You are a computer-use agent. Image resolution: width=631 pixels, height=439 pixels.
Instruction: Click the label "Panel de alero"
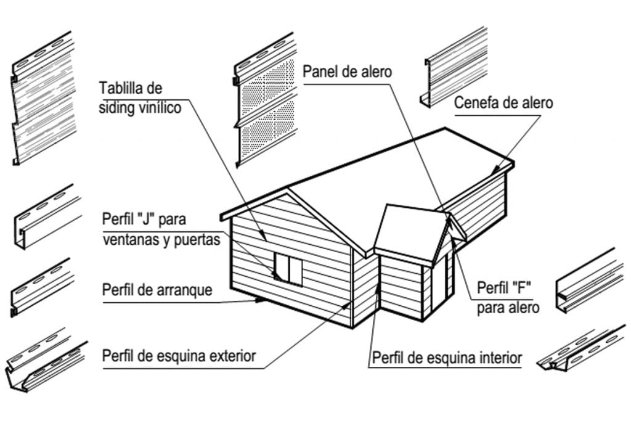pyautogui.click(x=347, y=71)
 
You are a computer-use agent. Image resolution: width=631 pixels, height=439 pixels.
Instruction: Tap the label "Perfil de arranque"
pyautogui.click(x=157, y=289)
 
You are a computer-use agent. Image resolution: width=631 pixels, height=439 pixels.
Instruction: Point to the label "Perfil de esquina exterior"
pyautogui.click(x=179, y=356)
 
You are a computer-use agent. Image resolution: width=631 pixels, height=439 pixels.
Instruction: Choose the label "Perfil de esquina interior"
pyautogui.click(x=447, y=357)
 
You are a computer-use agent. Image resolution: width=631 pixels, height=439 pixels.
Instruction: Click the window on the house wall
pyautogui.click(x=288, y=269)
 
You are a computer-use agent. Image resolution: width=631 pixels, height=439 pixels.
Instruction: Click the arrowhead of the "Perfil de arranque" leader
pyautogui.click(x=260, y=300)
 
